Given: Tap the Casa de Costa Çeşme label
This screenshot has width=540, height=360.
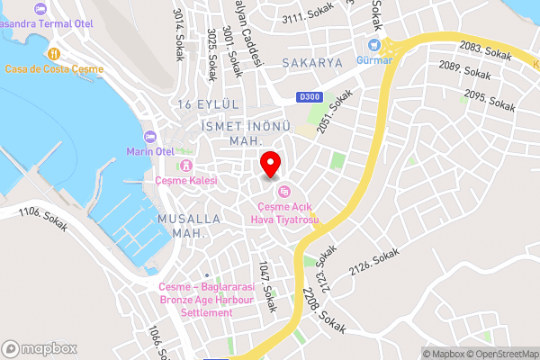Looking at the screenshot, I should (54, 69).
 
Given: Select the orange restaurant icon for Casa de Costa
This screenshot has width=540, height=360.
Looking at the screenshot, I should (55, 53).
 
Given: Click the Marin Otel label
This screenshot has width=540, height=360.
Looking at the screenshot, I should (149, 151).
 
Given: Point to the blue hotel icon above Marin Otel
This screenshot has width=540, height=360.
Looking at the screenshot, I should (150, 137).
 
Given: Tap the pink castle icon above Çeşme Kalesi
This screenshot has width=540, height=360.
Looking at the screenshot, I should (186, 165).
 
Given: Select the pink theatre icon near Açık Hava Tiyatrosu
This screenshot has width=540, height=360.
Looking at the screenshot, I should (284, 190).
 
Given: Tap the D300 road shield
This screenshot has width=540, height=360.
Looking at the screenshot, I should (309, 96).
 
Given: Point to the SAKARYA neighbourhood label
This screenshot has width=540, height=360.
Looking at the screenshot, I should (312, 63).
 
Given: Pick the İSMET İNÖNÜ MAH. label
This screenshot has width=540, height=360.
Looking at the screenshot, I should (233, 132).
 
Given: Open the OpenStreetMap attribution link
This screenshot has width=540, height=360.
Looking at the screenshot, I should (500, 353).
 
